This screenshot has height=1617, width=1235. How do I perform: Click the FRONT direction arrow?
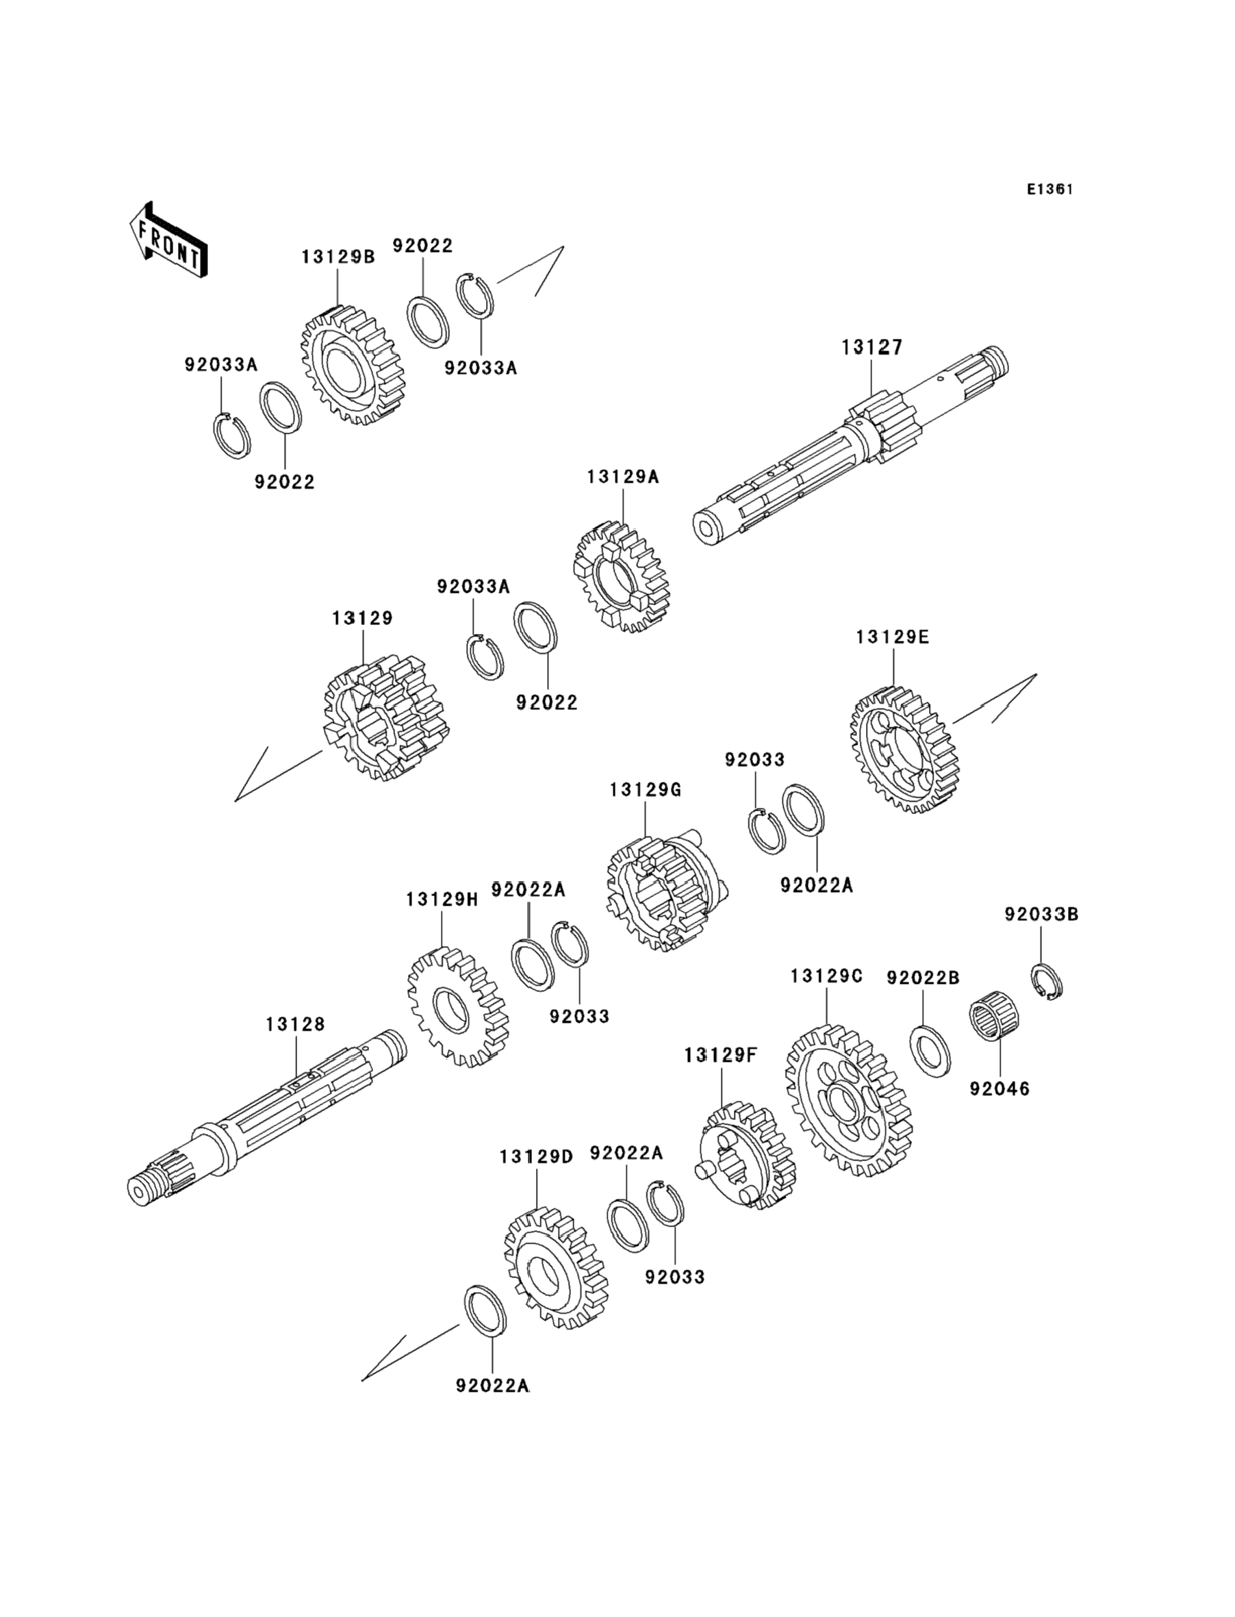pos(168,240)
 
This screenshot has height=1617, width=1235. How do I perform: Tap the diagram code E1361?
pos(1049,190)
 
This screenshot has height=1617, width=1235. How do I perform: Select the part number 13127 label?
pos(872,347)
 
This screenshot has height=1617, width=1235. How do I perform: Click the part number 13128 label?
pos(295,1024)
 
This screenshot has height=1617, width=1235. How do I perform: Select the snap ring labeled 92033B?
pos(1045,981)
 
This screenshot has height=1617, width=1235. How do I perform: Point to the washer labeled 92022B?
pos(929,1051)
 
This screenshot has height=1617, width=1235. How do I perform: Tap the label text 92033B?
pos(1041,915)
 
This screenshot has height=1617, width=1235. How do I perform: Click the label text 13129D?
pos(536,1157)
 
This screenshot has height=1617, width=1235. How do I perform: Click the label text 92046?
pos(999,1088)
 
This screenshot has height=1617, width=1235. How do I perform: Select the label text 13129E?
pos(892,637)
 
